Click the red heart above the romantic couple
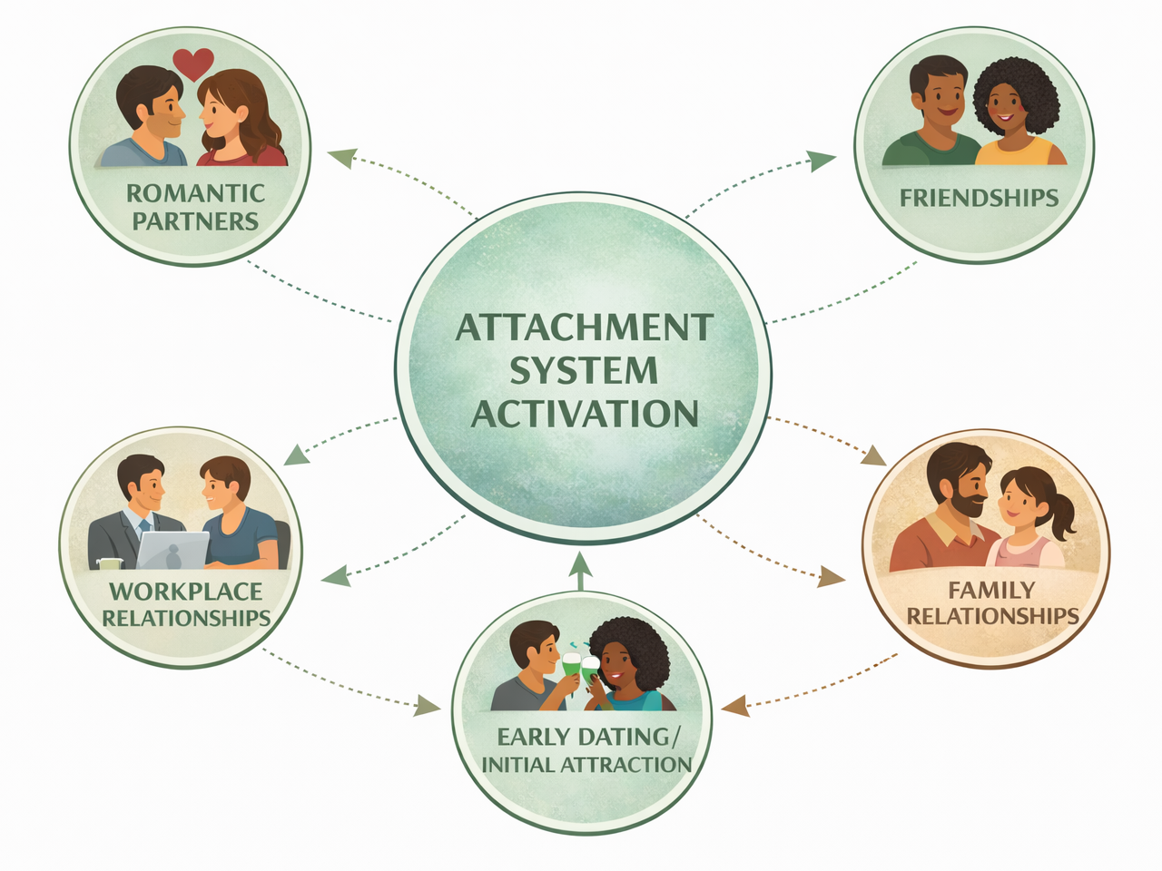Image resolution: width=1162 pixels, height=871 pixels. coord(193,64)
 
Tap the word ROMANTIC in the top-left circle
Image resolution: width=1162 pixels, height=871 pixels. coord(195,193)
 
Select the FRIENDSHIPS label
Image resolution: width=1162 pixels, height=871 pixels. coord(979,198)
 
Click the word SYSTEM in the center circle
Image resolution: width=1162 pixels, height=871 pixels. coord(583,370)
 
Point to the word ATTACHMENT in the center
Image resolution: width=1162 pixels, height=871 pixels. coord(584,328)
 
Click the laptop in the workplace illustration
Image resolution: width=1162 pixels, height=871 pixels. coord(172,550)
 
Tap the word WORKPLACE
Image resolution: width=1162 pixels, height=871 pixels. coord(186,592)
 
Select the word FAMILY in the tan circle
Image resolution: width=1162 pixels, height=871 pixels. coord(991,591)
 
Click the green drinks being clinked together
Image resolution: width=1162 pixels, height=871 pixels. coord(580,667)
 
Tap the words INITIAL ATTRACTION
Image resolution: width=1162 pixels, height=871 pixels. coord(586,765)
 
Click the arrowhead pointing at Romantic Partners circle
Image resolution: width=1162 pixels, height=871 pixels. coord(339,156)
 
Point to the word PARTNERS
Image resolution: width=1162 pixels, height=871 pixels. coord(195,221)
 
